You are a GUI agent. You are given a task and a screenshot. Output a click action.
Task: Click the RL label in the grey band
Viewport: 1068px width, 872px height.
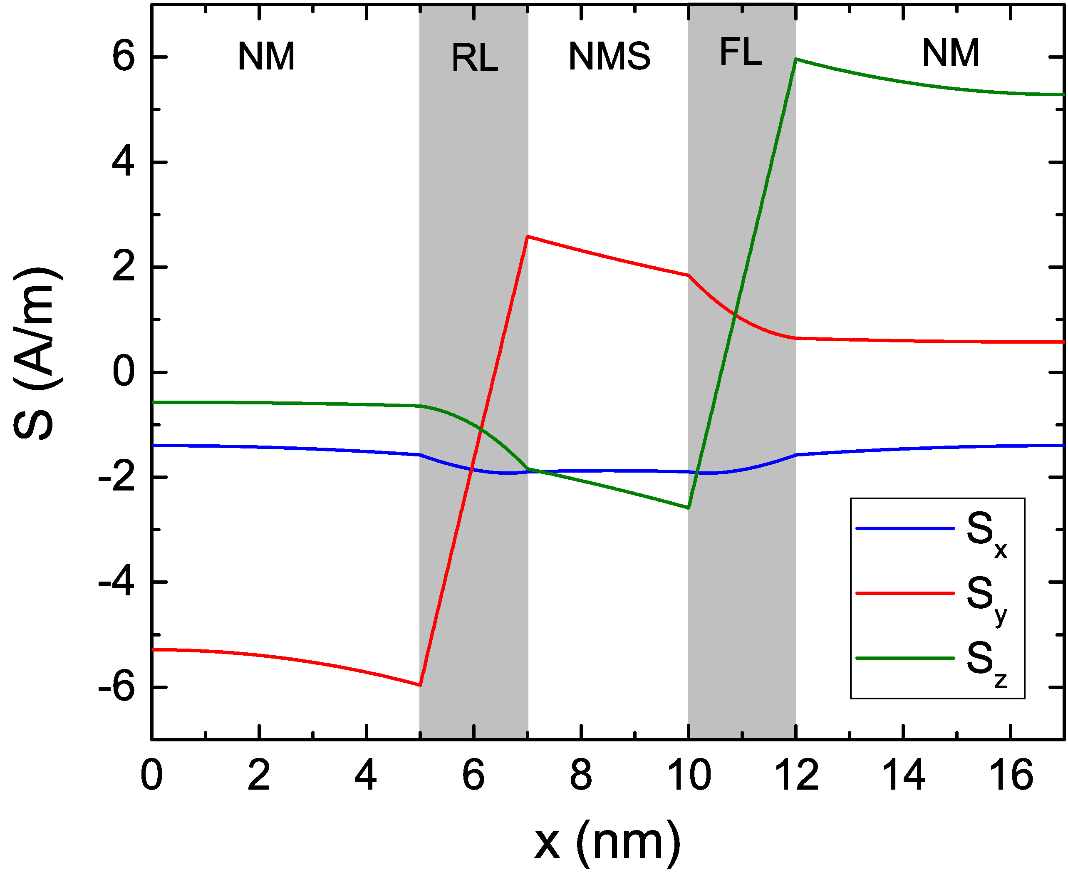[475, 58]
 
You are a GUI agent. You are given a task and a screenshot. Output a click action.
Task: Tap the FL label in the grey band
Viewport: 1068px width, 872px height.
[741, 52]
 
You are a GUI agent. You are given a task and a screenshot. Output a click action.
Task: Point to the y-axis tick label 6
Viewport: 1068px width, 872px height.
[124, 58]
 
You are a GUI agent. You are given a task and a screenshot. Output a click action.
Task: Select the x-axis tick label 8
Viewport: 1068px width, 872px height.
[581, 775]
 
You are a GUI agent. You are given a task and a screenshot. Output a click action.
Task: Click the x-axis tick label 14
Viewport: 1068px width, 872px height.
[903, 775]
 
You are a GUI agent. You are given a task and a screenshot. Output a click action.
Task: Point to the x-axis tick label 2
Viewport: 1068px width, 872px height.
[259, 775]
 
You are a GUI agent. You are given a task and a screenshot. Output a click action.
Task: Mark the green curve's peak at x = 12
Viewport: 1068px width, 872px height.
[796, 59]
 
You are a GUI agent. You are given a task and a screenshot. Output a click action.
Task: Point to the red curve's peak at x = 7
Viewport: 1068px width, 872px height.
[528, 236]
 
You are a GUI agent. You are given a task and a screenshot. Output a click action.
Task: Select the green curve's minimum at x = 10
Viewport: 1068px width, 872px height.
[688, 508]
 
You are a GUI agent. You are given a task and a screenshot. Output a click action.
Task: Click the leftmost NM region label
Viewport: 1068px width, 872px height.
[266, 56]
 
